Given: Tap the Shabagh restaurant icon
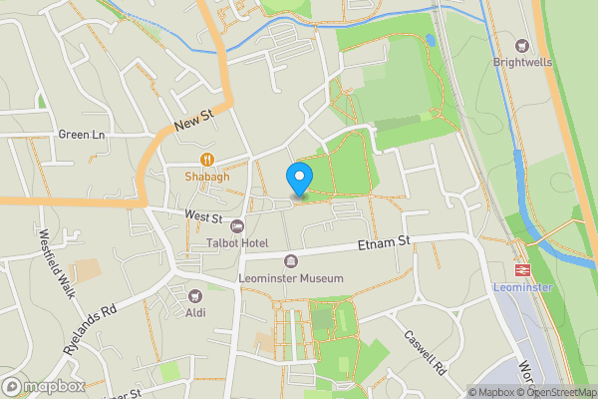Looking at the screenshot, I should (x=206, y=159).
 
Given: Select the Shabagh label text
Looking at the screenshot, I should (x=206, y=177).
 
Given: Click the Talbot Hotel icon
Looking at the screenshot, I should (x=236, y=225).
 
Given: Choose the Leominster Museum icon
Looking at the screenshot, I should (x=291, y=261).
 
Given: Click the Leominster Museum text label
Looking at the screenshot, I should (x=291, y=278).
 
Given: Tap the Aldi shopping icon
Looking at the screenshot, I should (x=195, y=294).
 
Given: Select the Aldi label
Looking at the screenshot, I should (x=195, y=312).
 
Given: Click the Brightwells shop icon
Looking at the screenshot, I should (x=520, y=44).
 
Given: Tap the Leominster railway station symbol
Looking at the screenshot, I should (x=520, y=270).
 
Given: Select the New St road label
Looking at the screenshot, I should (x=193, y=124).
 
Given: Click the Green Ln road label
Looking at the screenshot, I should (x=81, y=135).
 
